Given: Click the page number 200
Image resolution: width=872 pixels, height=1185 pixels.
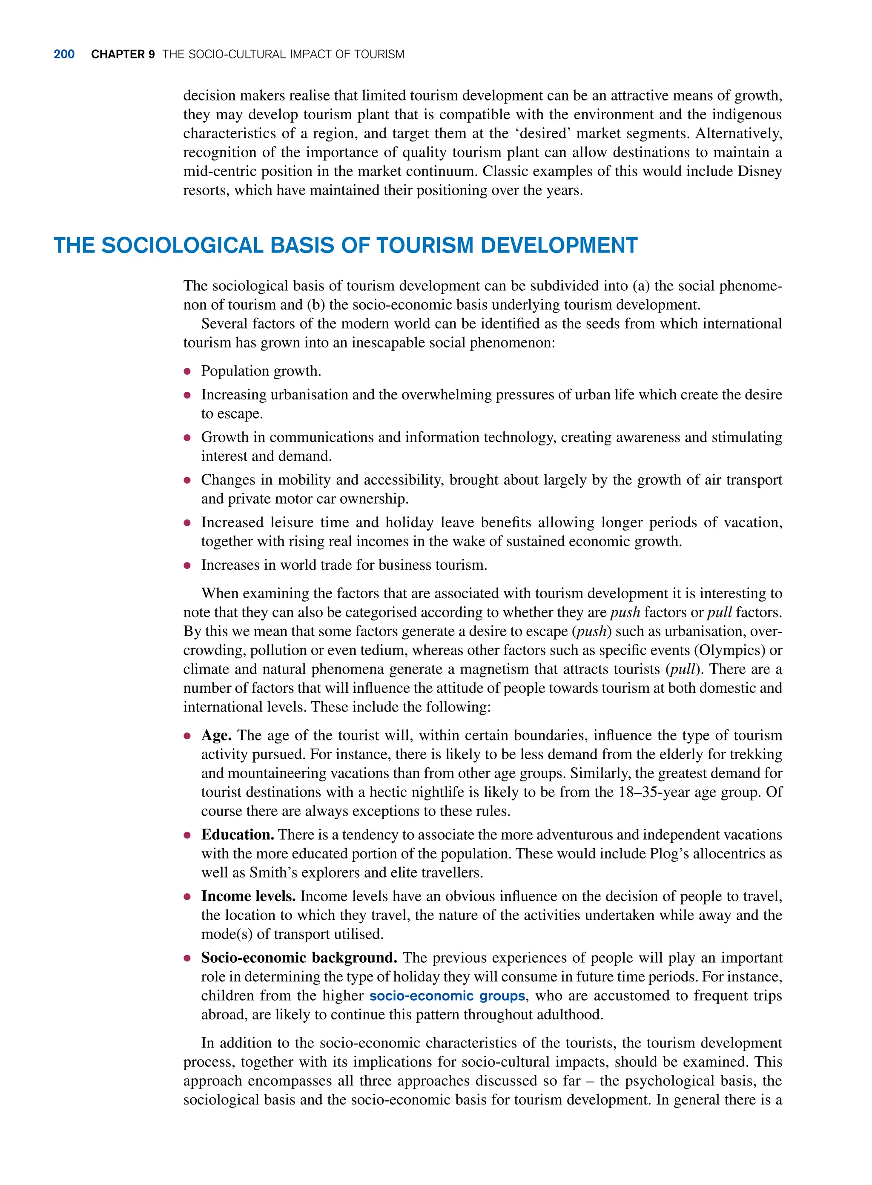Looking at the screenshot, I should click(x=64, y=55).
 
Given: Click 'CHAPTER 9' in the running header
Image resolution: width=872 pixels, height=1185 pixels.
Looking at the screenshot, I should click(x=123, y=55).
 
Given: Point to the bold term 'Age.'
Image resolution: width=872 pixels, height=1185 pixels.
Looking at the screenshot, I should click(x=216, y=735).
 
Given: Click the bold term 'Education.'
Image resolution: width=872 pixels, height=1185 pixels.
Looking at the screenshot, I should click(x=238, y=835).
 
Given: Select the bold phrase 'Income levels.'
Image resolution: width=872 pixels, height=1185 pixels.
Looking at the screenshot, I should click(x=248, y=896).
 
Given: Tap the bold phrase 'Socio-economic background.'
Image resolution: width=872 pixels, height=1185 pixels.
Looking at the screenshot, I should click(x=299, y=958).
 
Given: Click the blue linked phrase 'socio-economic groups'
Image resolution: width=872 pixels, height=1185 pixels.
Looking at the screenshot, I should click(x=447, y=996).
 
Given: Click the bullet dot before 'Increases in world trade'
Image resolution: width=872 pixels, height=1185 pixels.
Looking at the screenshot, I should click(x=187, y=565).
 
